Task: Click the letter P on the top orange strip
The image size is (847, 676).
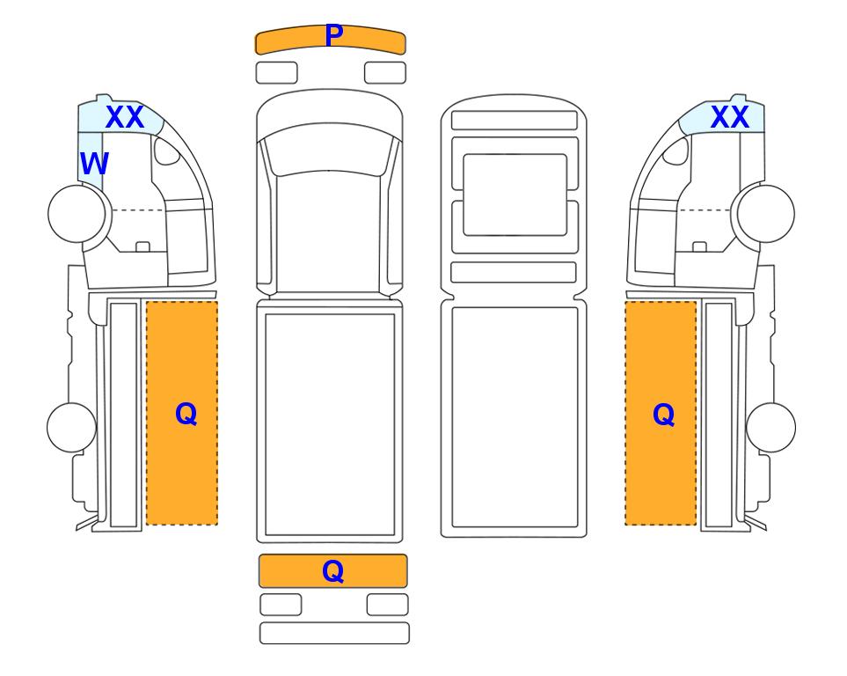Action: coord(334,35)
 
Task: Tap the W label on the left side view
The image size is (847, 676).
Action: coord(94,163)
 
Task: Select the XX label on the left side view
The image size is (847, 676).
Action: coord(125,117)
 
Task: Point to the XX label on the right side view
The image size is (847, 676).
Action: coord(730,117)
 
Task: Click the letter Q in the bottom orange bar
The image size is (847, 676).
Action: coord(332,571)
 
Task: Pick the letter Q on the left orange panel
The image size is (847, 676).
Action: coord(186,415)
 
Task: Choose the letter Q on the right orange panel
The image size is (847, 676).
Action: coord(663,415)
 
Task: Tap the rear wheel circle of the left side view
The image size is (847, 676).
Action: coord(72,427)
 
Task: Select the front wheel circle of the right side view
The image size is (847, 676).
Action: coord(766,214)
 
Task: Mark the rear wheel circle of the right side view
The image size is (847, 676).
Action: coord(770,427)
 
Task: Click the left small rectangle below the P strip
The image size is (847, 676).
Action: coord(276,73)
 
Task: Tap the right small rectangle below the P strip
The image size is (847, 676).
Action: coord(385,73)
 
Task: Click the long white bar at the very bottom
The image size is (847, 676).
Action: coord(334,633)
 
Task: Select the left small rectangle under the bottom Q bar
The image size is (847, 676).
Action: coord(281,605)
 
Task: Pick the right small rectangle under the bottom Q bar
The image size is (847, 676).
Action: coord(388,605)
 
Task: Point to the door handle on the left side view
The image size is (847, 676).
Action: coord(142,246)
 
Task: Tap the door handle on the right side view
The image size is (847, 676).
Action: coord(699,246)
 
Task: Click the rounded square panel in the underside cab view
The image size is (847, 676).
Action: coord(515,195)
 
